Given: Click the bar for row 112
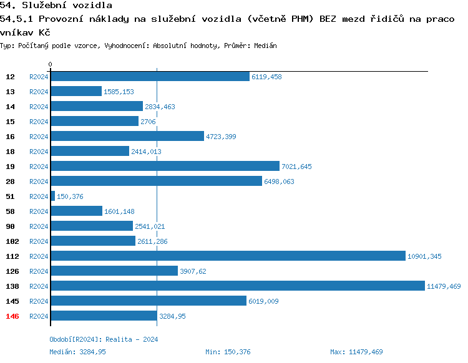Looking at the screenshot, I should (x=228, y=256).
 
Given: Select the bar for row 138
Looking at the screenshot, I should (x=238, y=286).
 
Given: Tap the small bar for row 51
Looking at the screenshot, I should (x=53, y=196).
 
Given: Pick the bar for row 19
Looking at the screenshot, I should (x=165, y=166).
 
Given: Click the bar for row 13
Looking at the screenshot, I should (x=76, y=91).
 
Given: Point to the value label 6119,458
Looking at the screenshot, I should (x=266, y=77).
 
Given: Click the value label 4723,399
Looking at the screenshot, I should (x=221, y=137).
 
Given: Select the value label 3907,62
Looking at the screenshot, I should (x=193, y=271).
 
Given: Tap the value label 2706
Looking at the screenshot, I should (x=148, y=122).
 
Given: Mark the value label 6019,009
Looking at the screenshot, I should (x=263, y=301).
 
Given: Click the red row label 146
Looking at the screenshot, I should (x=12, y=316).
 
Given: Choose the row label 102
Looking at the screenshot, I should (x=12, y=241).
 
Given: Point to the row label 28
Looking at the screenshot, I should (x=11, y=181).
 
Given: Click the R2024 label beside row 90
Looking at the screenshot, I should (x=39, y=226).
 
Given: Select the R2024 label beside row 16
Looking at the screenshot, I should (x=39, y=137).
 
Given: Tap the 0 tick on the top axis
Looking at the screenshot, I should (x=51, y=64).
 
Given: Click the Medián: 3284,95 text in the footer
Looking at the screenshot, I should (x=77, y=352).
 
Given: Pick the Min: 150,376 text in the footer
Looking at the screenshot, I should (x=228, y=352).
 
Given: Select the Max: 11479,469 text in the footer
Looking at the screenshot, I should (x=356, y=352).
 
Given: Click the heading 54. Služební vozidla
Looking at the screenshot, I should (x=56, y=6).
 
